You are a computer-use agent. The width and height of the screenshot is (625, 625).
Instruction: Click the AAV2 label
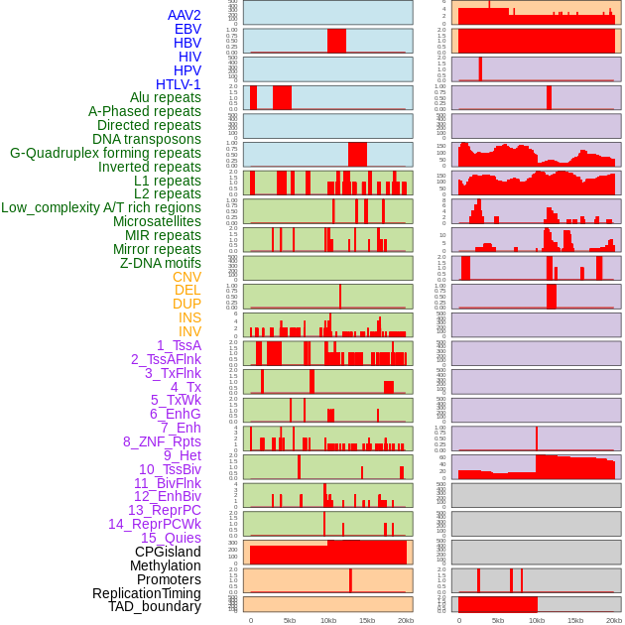click(x=184, y=15)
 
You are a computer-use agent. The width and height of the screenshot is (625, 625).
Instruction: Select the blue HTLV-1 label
click(x=178, y=84)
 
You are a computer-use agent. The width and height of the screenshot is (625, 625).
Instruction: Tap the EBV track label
click(x=187, y=29)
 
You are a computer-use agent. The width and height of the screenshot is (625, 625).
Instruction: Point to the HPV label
click(x=187, y=70)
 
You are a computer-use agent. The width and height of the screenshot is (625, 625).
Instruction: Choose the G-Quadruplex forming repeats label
click(x=105, y=153)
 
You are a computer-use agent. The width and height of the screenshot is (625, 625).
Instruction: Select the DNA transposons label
click(x=147, y=139)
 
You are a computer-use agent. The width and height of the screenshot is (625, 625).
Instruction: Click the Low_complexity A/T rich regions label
click(x=101, y=207)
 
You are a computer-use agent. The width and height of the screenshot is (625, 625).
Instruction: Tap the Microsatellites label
click(x=157, y=221)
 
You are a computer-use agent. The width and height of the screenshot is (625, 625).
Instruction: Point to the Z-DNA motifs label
click(x=161, y=263)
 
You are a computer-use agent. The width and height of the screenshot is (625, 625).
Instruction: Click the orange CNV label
click(x=187, y=277)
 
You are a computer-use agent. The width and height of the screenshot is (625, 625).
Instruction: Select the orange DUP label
click(x=187, y=304)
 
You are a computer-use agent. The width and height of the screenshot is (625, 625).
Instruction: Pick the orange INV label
click(x=189, y=331)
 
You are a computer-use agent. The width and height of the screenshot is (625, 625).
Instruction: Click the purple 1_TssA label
click(x=179, y=345)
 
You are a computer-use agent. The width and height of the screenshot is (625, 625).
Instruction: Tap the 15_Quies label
click(x=170, y=538)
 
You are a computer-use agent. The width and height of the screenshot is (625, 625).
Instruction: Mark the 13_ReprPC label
click(x=164, y=510)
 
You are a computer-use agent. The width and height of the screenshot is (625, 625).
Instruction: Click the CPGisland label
click(x=168, y=552)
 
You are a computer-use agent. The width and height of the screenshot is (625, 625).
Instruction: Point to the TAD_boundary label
click(x=155, y=606)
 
